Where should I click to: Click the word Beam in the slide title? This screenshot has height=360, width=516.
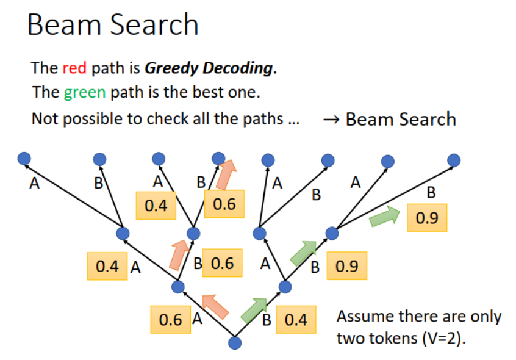pyautogui.click(x=60, y=25)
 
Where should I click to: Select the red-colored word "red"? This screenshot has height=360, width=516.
pyautogui.click(x=75, y=68)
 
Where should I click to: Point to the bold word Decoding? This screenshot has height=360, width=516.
pyautogui.click(x=237, y=68)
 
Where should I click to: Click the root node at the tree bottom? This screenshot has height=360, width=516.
pyautogui.click(x=235, y=342)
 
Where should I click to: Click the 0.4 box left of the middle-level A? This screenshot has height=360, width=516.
pyautogui.click(x=107, y=266)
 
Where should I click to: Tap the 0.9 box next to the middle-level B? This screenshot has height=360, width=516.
pyautogui.click(x=347, y=266)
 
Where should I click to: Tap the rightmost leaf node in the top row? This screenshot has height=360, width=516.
pyautogui.click(x=454, y=160)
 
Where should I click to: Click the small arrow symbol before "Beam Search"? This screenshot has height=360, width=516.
pyautogui.click(x=332, y=119)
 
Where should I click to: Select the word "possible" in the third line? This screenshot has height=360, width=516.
pyautogui.click(x=91, y=118)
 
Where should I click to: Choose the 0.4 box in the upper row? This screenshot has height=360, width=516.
pyautogui.click(x=156, y=206)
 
